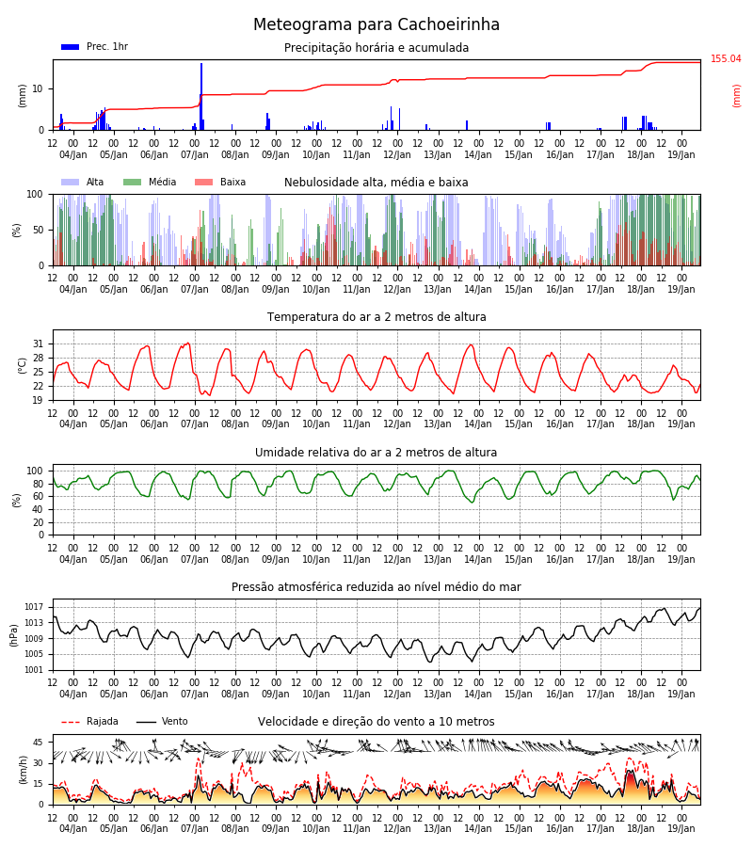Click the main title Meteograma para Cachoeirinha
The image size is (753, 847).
(376, 24)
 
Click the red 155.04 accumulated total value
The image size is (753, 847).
(726, 58)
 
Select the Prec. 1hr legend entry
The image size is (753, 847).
(94, 46)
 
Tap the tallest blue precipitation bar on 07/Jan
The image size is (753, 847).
(201, 97)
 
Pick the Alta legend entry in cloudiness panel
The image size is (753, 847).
(82, 182)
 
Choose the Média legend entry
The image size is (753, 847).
(150, 182)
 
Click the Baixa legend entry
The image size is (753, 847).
(220, 182)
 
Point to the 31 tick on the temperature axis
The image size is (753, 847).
(38, 344)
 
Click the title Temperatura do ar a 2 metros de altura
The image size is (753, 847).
(376, 317)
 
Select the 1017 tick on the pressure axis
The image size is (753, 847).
(34, 607)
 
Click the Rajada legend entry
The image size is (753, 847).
(89, 722)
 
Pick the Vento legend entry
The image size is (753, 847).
(162, 722)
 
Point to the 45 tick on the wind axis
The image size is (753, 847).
(38, 743)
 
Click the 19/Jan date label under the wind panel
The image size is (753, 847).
(681, 828)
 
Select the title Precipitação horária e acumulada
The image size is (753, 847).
(376, 48)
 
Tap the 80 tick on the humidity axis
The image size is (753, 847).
(35, 484)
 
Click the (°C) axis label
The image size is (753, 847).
(23, 366)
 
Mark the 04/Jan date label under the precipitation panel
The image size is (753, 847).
(72, 154)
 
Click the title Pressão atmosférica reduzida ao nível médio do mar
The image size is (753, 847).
(376, 586)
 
